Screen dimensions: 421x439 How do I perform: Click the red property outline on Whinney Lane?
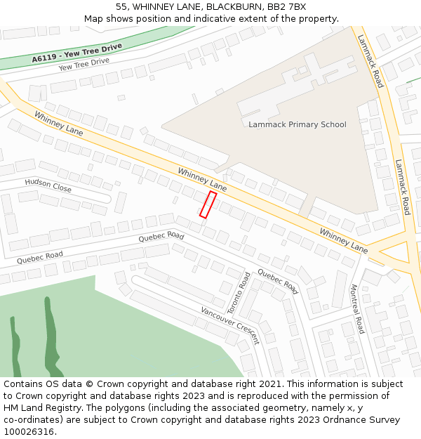click(x=207, y=204)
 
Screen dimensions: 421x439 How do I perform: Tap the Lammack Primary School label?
click(x=298, y=125)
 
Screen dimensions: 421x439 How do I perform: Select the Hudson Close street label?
click(x=48, y=185)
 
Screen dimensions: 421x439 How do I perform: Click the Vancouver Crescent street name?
click(x=230, y=325)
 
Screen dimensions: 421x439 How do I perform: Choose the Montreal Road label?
click(x=357, y=309)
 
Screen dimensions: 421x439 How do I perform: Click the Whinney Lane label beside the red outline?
click(x=202, y=179)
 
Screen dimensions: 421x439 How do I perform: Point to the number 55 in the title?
click(x=121, y=7)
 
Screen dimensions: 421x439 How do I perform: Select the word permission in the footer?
click(x=357, y=396)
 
